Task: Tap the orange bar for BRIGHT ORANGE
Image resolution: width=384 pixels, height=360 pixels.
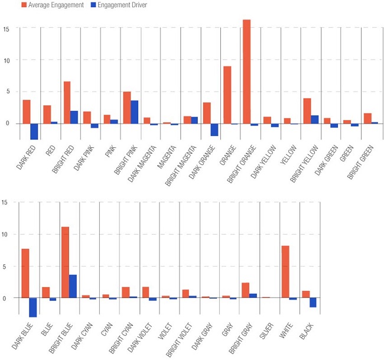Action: point(246,72)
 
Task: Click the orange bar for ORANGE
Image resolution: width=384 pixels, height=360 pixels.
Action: point(227,95)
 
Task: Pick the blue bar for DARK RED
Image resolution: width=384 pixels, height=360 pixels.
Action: point(34,131)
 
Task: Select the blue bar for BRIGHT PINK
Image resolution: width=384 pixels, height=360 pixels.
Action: point(134,112)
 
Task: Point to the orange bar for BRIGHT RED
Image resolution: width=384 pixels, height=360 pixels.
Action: point(67,102)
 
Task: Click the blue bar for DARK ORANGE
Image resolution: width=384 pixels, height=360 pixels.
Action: point(214,129)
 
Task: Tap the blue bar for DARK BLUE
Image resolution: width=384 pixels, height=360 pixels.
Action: point(33,307)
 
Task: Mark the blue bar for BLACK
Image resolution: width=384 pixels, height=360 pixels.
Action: point(313,303)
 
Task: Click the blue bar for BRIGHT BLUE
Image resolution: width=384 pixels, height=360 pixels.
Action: point(73,286)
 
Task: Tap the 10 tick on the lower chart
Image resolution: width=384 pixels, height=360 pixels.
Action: point(5,235)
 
